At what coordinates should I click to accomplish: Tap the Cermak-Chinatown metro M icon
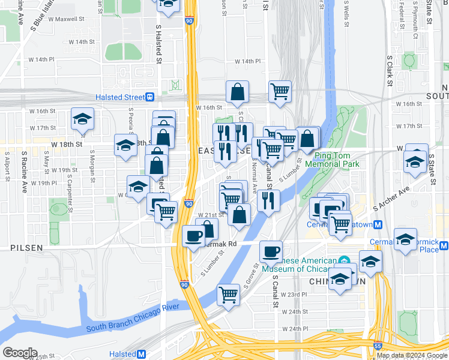click(x=378, y=225)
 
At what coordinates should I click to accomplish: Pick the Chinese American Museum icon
click(x=344, y=261)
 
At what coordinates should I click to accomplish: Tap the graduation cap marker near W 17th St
click(x=82, y=118)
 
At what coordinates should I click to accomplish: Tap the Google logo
click(x=20, y=353)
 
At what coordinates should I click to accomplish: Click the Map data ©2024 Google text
click(x=412, y=355)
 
